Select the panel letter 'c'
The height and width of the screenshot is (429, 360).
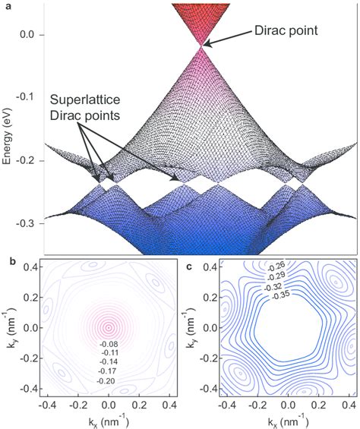click(x=188, y=263)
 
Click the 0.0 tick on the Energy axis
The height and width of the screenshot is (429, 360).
click(x=31, y=35)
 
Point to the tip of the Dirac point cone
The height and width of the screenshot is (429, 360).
click(x=202, y=46)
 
